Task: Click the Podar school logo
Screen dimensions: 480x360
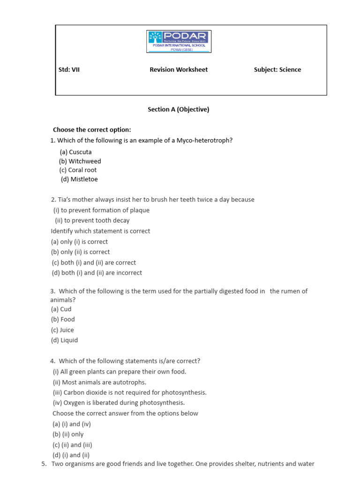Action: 180,42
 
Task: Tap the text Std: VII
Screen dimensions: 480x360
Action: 69,70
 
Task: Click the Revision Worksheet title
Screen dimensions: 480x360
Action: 179,70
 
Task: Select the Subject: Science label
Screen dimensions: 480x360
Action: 277,70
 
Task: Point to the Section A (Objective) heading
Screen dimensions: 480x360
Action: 179,109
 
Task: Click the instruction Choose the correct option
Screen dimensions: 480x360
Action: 92,130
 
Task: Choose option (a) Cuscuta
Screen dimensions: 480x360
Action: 75,152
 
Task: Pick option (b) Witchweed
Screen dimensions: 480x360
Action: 80,161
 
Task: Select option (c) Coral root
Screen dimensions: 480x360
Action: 78,170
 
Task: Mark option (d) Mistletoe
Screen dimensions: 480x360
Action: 79,179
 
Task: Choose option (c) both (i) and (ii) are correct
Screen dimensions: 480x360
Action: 94,262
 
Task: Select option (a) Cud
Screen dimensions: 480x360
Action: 61,309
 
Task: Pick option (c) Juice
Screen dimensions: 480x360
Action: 62,330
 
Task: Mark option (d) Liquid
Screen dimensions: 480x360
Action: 64,340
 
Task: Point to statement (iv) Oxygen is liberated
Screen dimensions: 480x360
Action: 119,403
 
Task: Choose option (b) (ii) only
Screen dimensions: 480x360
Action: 67,435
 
